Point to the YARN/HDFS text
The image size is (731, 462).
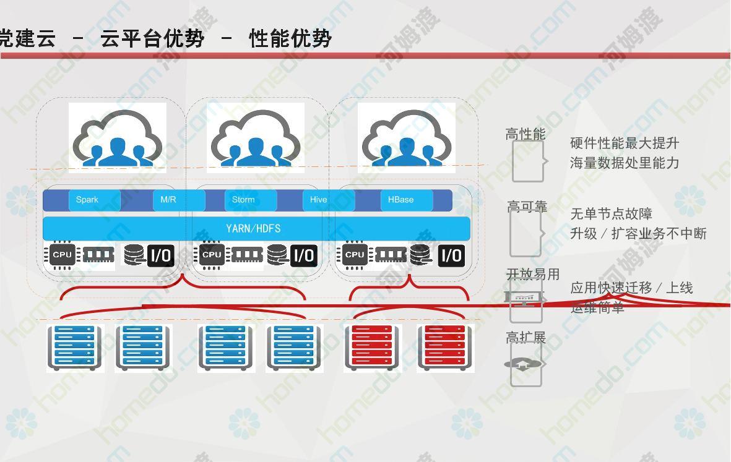pyautogui.click(x=253, y=228)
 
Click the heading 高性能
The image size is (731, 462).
pyautogui.click(x=526, y=134)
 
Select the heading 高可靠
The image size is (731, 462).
pyautogui.click(x=527, y=207)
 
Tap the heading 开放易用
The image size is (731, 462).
pyautogui.click(x=533, y=274)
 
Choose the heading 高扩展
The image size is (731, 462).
pyautogui.click(x=526, y=337)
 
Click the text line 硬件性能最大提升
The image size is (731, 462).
pyautogui.click(x=625, y=143)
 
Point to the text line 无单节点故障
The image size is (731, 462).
pyautogui.click(x=611, y=214)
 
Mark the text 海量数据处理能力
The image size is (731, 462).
pyautogui.click(x=625, y=163)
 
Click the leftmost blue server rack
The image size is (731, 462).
pyautogui.click(x=75, y=348)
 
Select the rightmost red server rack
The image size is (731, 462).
pyautogui.click(x=445, y=348)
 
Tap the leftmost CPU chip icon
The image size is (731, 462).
pyautogui.click(x=62, y=255)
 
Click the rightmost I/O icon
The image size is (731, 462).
pyautogui.click(x=451, y=255)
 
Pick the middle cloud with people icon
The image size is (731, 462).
pyautogui.click(x=256, y=137)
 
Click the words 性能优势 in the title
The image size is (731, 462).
pyautogui.click(x=290, y=38)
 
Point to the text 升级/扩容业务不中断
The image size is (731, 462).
pyautogui.click(x=638, y=234)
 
